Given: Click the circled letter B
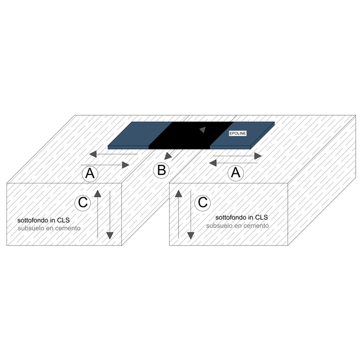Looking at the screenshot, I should click(161, 171).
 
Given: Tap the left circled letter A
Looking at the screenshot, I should click(90, 173).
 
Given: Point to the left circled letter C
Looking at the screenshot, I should click(83, 203).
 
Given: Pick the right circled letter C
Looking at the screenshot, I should click(203, 203).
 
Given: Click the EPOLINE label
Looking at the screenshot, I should click(237, 133).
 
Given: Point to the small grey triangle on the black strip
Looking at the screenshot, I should click(202, 130).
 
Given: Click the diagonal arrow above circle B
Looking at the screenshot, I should click(169, 156).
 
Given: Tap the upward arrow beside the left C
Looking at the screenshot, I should click(98, 213).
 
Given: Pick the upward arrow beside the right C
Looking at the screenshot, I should click(178, 213).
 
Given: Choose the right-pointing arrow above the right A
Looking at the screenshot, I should click(237, 156).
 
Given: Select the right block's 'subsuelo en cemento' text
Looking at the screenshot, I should click(237, 226).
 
